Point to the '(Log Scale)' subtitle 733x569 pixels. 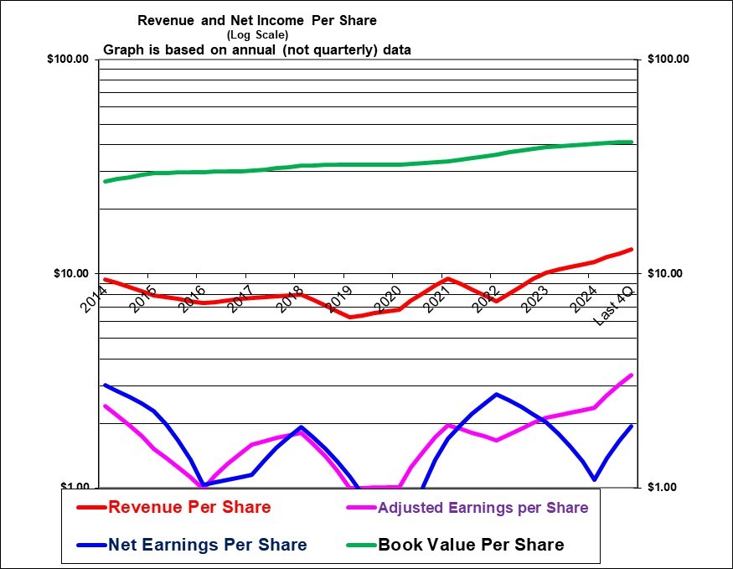tap(257, 34)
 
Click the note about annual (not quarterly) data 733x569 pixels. tap(257, 49)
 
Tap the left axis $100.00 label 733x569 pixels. tap(71, 59)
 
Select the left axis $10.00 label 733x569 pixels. tap(74, 273)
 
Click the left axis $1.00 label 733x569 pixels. tap(76, 487)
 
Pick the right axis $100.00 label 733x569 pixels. tap(668, 59)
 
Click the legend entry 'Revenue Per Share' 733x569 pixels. tap(189, 507)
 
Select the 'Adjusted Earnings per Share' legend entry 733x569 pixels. tap(483, 507)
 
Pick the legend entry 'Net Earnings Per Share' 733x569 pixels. tap(207, 545)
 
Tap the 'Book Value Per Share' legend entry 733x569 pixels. tap(471, 545)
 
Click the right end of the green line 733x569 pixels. tap(631, 142)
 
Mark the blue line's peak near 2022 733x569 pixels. tap(497, 394)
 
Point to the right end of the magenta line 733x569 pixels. tap(631, 375)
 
